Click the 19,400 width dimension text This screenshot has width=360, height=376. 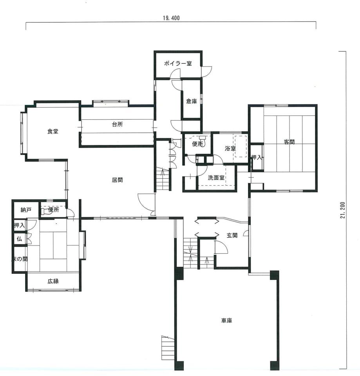[171, 18]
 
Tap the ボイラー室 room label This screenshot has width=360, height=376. [178, 63]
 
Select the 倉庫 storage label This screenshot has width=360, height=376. [192, 101]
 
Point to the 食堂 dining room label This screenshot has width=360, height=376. [52, 132]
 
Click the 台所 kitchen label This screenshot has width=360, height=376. [117, 124]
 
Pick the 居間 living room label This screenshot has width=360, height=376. [117, 180]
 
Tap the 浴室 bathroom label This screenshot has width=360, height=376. [230, 148]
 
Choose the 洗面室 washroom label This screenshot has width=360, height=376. [216, 178]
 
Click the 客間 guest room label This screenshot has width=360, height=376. [289, 142]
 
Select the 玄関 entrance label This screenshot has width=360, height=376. [232, 235]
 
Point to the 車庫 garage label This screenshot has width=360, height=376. [226, 321]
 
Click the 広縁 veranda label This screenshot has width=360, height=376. [53, 281]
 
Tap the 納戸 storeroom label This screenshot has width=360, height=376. [26, 210]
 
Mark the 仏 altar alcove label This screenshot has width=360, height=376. [19, 239]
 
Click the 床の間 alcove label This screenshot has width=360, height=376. [20, 259]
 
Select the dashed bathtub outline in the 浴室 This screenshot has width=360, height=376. [241, 146]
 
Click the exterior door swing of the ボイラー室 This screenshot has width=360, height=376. [206, 71]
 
